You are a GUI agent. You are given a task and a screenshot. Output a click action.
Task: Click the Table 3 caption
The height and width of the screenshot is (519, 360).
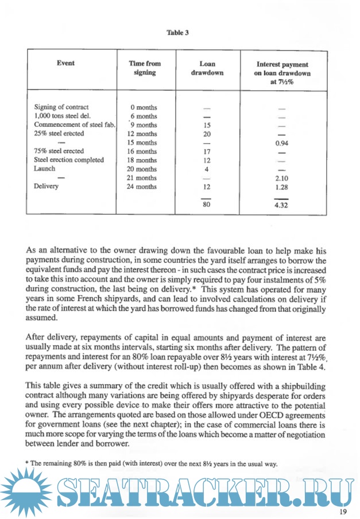(x=178, y=33)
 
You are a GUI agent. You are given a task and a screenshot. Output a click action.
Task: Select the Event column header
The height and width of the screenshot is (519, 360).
(x=65, y=63)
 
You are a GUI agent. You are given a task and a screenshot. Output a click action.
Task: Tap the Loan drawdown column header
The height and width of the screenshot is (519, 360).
(x=207, y=69)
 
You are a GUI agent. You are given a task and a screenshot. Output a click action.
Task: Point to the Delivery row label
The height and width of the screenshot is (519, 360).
(x=47, y=187)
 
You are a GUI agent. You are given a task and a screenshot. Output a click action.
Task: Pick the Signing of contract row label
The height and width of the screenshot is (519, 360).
(x=61, y=107)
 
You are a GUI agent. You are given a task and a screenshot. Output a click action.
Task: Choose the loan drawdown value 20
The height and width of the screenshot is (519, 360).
(x=207, y=134)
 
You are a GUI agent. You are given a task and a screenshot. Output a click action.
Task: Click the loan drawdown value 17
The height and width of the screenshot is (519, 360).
(x=207, y=152)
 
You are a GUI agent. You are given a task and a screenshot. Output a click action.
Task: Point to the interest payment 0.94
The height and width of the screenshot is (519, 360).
(x=281, y=143)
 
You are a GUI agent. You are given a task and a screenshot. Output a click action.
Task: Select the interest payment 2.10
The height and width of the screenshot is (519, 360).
(x=281, y=178)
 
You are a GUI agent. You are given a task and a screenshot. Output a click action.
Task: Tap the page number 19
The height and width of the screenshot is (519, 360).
(x=343, y=512)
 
